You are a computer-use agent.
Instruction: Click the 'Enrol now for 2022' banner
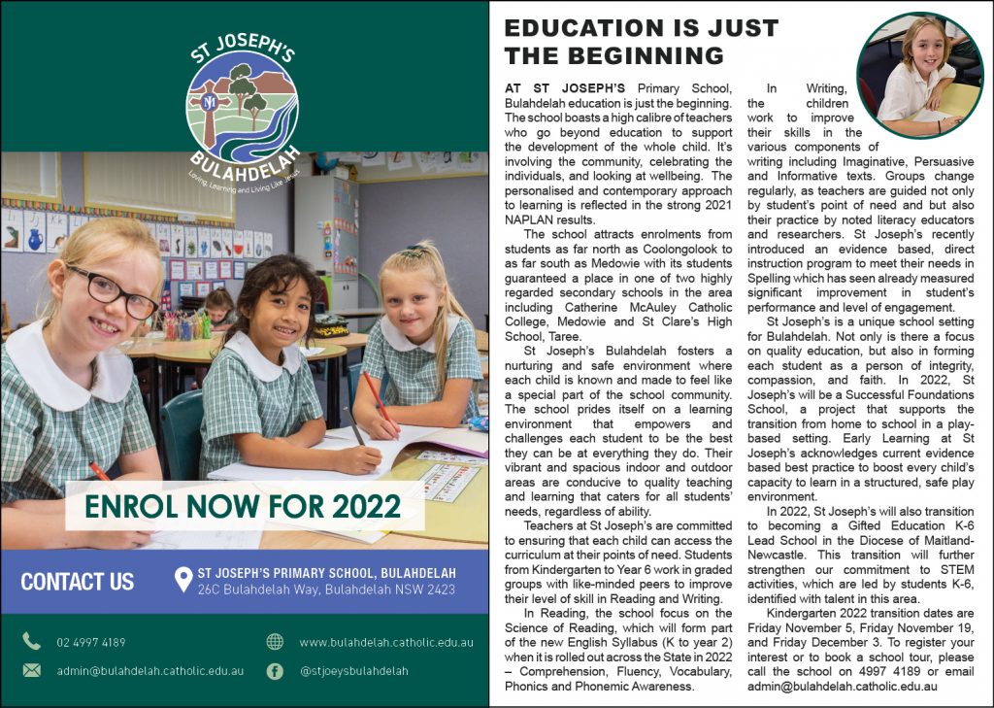coord(243,506)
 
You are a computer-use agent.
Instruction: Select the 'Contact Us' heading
coord(78,582)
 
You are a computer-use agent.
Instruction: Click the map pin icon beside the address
coord(182,581)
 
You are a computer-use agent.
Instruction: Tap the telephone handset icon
coord(32,641)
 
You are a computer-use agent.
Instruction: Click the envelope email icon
coord(32,670)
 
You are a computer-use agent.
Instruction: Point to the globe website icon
coord(275,641)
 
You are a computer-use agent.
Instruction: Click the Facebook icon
coord(275,670)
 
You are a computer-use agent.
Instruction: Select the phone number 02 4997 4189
coord(91,642)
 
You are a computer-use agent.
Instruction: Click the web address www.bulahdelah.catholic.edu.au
coord(385,642)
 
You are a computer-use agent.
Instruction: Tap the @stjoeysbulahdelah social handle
coord(353,670)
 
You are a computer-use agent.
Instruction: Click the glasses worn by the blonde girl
coord(112,291)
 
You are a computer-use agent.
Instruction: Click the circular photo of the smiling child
coord(919,75)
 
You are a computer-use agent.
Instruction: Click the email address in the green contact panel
coord(150,670)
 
